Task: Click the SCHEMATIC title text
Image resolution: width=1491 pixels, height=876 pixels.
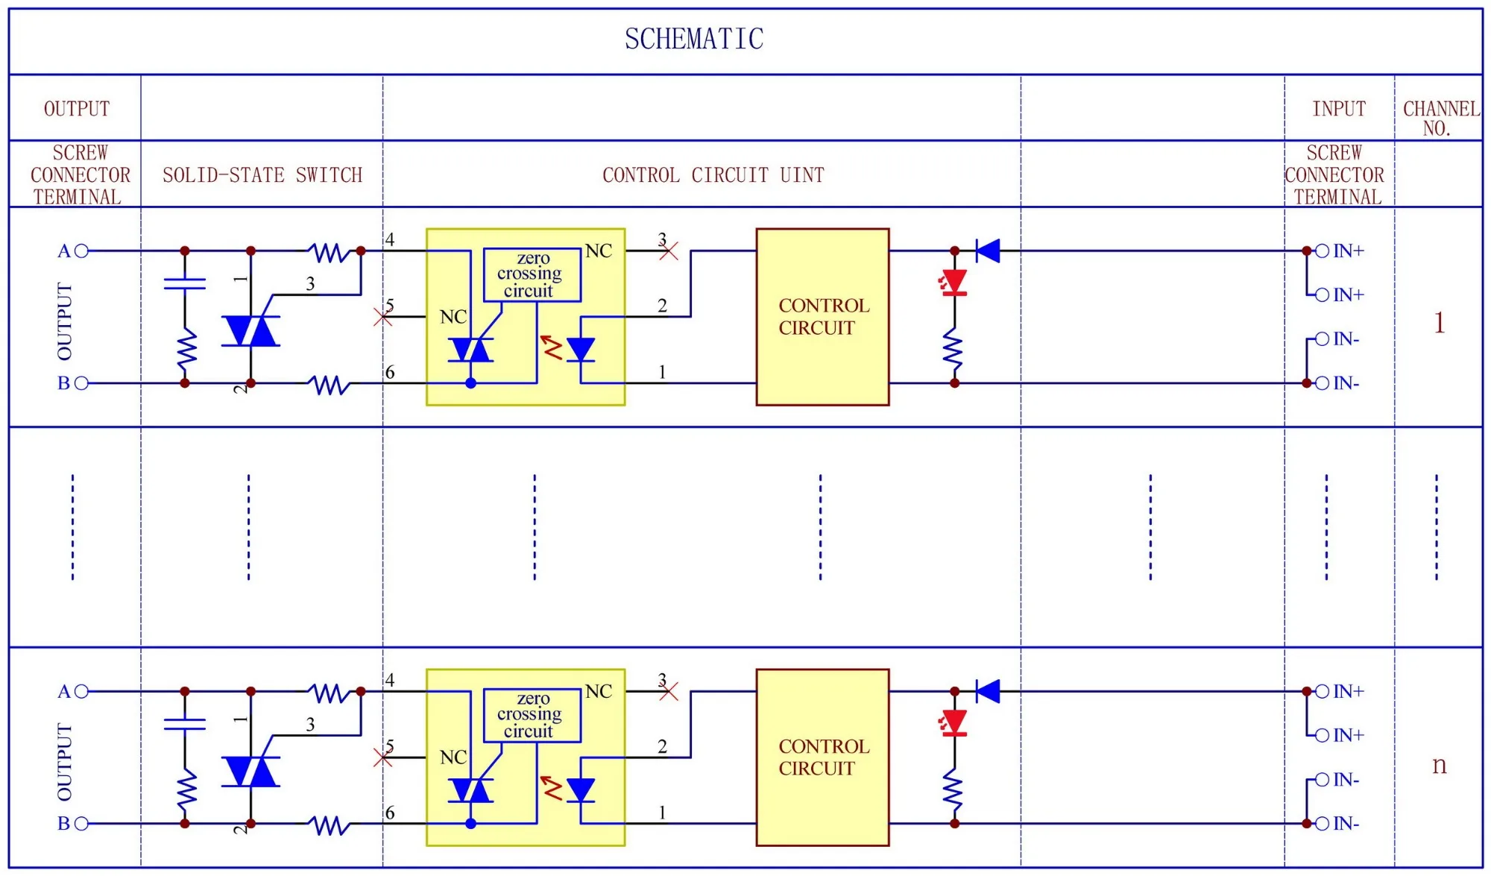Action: (694, 39)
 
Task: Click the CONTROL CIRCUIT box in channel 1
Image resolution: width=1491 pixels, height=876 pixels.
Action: (822, 317)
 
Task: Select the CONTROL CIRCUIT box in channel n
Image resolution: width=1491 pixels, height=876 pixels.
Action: (822, 757)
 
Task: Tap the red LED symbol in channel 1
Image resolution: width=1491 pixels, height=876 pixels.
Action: (954, 283)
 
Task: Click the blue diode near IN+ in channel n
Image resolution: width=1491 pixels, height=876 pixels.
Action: (989, 691)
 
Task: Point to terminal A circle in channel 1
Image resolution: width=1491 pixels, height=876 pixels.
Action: (81, 251)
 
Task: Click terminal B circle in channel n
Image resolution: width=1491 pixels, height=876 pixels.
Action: (81, 824)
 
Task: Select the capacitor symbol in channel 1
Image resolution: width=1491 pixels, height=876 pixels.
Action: (185, 283)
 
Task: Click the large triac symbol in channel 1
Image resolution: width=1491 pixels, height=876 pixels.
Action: (250, 331)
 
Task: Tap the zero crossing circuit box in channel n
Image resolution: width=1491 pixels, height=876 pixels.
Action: (532, 715)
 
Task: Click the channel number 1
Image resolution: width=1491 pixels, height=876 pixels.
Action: (1439, 323)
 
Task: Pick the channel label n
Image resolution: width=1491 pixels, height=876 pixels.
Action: (1439, 765)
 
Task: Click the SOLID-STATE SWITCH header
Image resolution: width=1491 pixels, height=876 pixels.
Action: (262, 175)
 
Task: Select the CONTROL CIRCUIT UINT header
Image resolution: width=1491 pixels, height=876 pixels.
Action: (713, 175)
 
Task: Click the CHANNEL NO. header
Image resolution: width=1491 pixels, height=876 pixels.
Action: (1440, 118)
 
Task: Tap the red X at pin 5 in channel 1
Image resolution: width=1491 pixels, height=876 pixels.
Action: (382, 317)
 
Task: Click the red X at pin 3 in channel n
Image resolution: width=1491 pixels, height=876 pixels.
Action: (669, 692)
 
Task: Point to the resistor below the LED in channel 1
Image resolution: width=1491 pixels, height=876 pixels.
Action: (954, 350)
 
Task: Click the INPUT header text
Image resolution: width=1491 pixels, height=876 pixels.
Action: (1339, 109)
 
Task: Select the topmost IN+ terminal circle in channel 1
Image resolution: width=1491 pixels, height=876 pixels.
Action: (1322, 251)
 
